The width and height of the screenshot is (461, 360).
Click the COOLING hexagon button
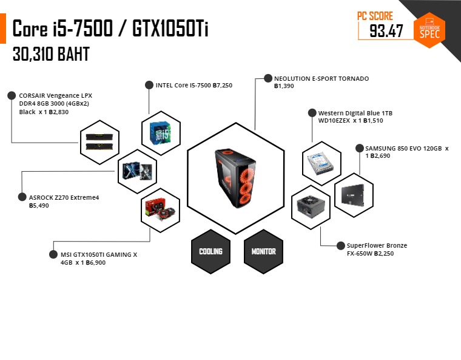[211, 252]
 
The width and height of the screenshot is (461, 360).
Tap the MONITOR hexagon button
[263, 252]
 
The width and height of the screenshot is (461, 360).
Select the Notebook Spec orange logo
[429, 30]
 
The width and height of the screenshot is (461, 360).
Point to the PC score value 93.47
[386, 31]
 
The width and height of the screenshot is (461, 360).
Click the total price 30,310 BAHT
[51, 54]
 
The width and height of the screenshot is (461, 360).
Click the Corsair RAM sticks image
[99, 142]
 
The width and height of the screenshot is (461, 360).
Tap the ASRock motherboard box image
[137, 171]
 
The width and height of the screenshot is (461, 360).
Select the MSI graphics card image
[160, 209]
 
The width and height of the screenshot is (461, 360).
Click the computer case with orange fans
[235, 177]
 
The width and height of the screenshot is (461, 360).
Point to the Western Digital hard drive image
[321, 164]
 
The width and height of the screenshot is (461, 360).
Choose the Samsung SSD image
[353, 195]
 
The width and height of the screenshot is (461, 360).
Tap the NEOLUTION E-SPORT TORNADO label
[321, 79]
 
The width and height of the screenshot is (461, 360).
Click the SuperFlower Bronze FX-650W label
[377, 250]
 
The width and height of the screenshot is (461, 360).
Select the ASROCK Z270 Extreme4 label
[64, 197]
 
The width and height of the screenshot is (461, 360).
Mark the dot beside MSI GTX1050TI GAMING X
[53, 254]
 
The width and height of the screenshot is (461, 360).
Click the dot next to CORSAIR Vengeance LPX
[12, 95]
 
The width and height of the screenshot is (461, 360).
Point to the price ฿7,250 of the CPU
[223, 86]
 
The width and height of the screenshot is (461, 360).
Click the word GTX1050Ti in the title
[170, 29]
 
